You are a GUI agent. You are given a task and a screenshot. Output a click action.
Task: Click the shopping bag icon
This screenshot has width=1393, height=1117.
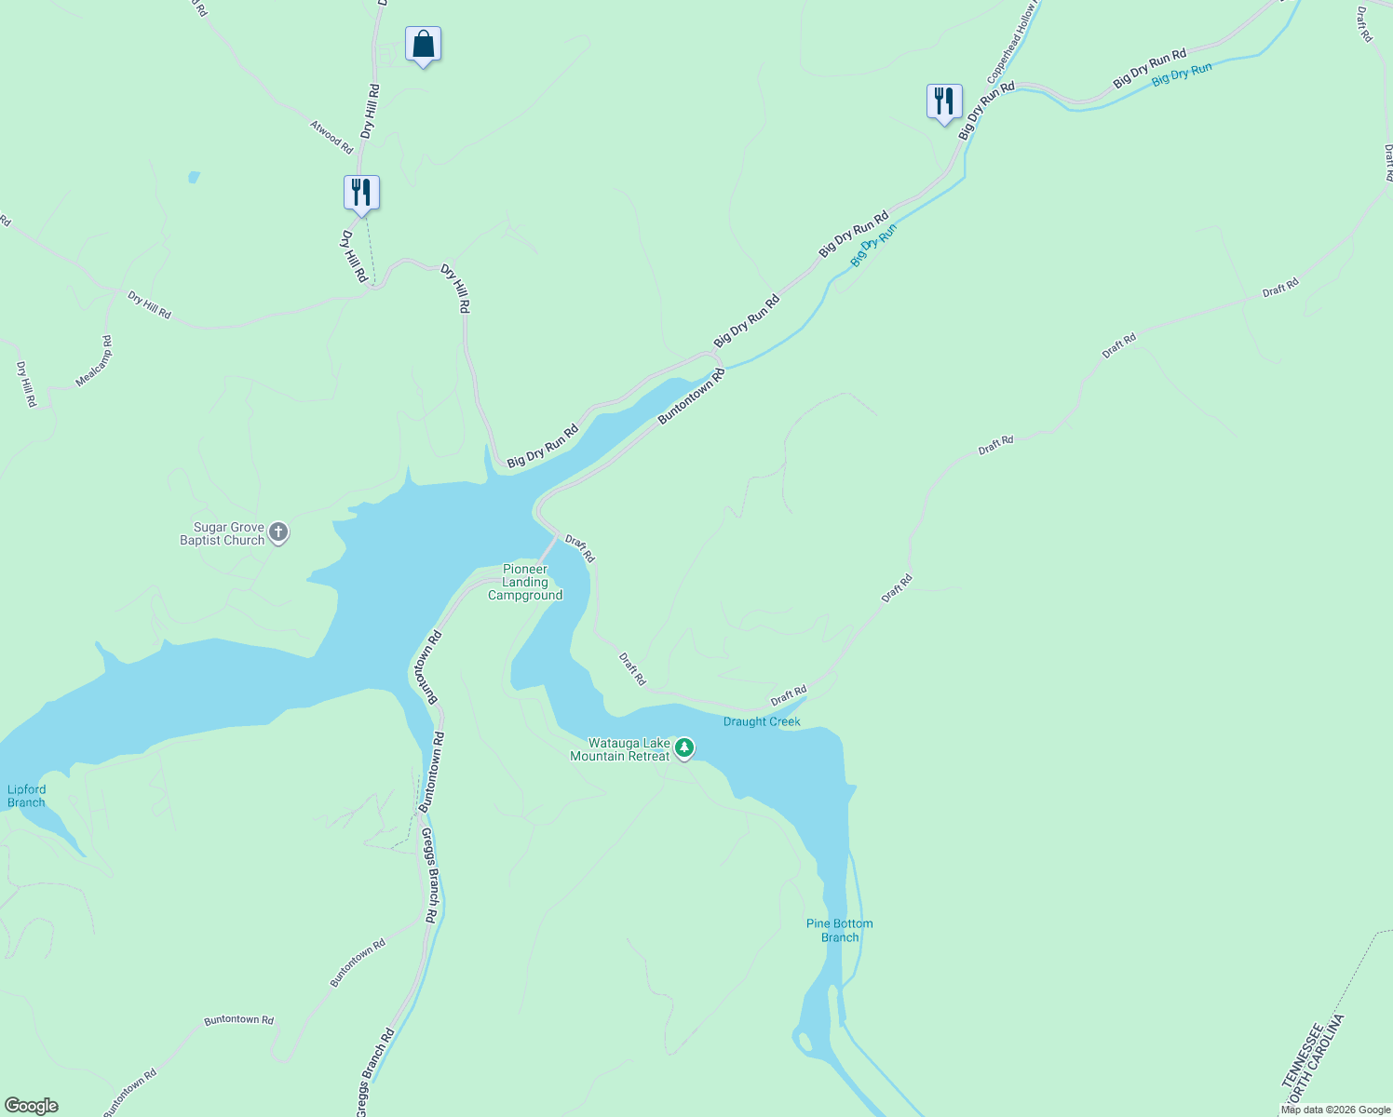(x=423, y=45)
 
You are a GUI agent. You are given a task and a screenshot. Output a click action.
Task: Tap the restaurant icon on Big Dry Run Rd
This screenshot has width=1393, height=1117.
(x=944, y=101)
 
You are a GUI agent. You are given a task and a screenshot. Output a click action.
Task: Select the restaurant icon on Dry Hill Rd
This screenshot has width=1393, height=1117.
(x=361, y=194)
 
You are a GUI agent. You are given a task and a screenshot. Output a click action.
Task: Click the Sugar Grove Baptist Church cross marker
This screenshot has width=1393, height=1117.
(x=278, y=533)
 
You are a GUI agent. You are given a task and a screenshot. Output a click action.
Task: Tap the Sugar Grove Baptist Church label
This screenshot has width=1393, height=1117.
(x=223, y=534)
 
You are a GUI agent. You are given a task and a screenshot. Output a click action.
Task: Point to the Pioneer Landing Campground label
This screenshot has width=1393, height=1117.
(x=525, y=583)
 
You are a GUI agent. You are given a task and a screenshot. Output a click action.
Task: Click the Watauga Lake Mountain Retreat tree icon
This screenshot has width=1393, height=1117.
(x=684, y=747)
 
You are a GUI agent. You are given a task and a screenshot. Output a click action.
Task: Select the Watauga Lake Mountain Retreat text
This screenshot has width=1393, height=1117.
(x=620, y=750)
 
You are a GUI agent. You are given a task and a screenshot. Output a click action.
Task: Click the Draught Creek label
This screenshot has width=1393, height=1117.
(x=762, y=721)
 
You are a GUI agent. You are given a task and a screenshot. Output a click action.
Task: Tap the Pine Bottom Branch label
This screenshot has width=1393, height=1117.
(x=840, y=931)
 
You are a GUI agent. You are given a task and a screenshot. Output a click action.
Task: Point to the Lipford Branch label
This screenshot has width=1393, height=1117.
(x=26, y=796)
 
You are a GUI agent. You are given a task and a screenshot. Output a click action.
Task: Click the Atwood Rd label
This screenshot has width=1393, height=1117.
(x=331, y=136)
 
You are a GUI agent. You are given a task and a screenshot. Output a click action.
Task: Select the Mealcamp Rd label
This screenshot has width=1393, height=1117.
(x=94, y=361)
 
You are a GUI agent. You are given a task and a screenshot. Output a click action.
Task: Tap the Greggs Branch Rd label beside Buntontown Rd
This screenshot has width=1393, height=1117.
(x=429, y=875)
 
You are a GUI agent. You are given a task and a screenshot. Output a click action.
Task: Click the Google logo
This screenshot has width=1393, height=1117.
(x=32, y=1106)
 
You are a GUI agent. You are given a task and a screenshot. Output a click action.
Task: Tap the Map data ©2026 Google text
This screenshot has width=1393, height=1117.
(x=1335, y=1110)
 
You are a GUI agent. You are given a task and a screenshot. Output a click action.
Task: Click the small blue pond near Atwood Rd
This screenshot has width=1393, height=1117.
(x=194, y=176)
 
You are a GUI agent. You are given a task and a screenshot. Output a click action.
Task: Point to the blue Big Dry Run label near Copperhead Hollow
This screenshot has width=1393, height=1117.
(x=1182, y=74)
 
